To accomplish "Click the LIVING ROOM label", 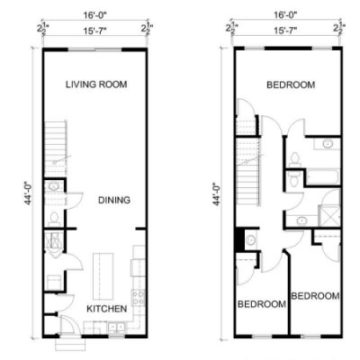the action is (96, 85).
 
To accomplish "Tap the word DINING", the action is (114, 200).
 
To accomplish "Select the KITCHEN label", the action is (107, 309).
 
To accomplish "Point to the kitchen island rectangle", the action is (103, 276).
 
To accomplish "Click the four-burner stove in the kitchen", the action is (138, 298).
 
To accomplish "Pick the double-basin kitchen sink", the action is (117, 327).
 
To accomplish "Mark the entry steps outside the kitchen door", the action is (68, 344).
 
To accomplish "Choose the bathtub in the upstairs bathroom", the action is (322, 177).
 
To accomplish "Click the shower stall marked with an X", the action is (329, 215).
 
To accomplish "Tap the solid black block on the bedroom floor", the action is (239, 240).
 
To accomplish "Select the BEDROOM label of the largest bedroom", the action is (291, 85).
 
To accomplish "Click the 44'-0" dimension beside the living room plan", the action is (29, 193).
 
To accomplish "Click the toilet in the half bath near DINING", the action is (54, 219).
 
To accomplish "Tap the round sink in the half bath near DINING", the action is (54, 186).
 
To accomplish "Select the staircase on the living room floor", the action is (55, 148).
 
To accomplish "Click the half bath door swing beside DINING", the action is (74, 200).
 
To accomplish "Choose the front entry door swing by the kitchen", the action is (71, 324).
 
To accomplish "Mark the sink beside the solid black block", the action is (250, 240).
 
